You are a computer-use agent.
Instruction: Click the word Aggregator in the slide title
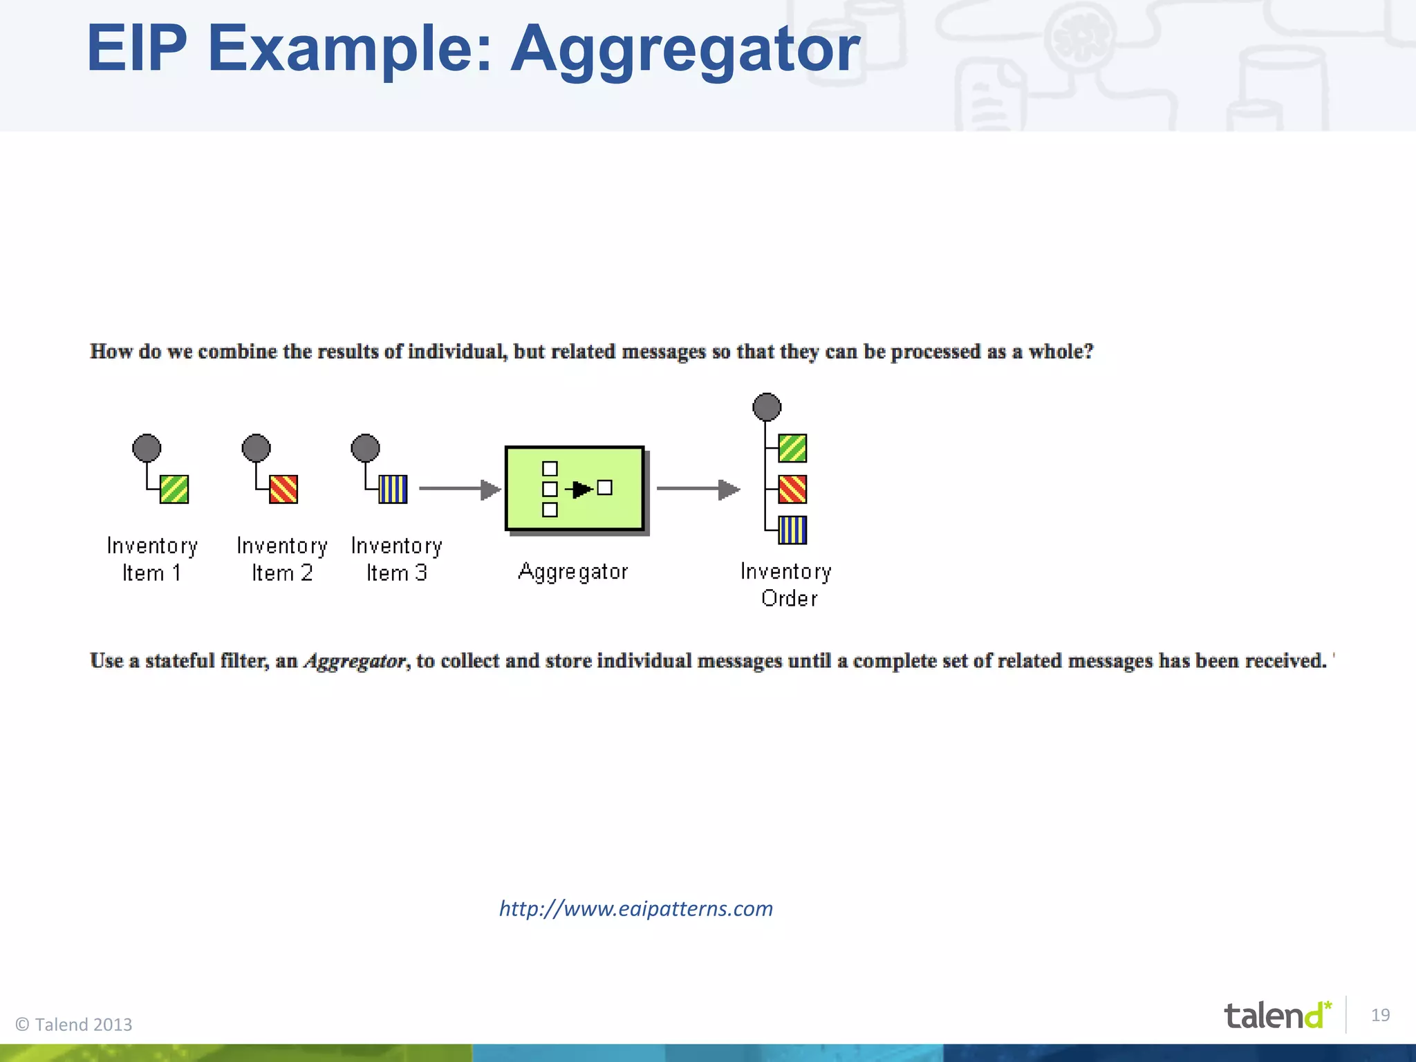coord(684,50)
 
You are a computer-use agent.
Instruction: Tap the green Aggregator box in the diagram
coord(575,489)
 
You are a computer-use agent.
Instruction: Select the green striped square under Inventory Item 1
coord(174,490)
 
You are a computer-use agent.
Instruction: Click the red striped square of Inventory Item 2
coord(283,490)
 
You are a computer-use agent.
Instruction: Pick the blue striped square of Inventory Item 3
coord(393,490)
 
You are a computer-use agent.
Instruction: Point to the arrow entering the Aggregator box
coord(460,489)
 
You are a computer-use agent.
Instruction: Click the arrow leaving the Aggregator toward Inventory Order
coord(698,489)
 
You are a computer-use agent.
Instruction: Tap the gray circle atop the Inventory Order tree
coord(767,407)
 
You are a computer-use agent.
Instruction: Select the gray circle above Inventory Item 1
coord(147,448)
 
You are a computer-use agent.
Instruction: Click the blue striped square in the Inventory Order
coord(792,530)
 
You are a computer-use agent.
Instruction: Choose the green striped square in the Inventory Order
coord(792,448)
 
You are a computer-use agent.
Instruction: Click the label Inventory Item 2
coord(282,559)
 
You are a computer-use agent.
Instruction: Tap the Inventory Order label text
coord(787,585)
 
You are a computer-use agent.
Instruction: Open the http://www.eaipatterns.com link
coord(636,909)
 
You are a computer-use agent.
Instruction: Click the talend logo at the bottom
coord(1276,1016)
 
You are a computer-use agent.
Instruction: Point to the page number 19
coord(1380,1015)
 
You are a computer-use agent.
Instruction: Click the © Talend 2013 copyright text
coord(74,1025)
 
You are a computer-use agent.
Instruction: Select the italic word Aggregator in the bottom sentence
coord(355,662)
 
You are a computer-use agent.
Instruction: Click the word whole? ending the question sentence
coord(1061,352)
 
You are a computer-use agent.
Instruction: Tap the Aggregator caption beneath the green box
coord(573,572)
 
